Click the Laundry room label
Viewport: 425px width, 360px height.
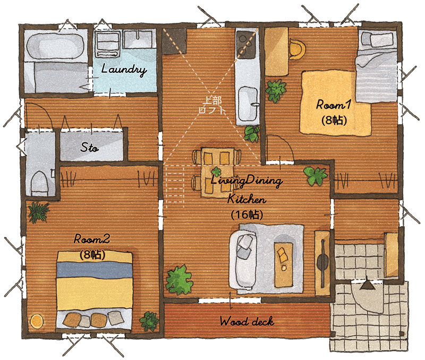pyautogui.click(x=124, y=70)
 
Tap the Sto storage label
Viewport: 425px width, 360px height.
pyautogui.click(x=89, y=148)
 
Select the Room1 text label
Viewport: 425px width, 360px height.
pyautogui.click(x=334, y=105)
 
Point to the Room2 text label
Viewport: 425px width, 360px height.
pyautogui.click(x=92, y=239)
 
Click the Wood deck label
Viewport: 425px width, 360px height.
pyautogui.click(x=247, y=322)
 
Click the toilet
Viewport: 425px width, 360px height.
pyautogui.click(x=39, y=183)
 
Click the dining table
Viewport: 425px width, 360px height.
pyautogui.click(x=218, y=173)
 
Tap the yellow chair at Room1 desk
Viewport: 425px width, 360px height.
pyautogui.click(x=297, y=49)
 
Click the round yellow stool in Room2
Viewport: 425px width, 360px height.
pyautogui.click(x=37, y=321)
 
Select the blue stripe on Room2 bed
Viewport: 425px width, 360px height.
pyautogui.click(x=95, y=270)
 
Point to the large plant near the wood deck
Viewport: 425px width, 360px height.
pyautogui.click(x=179, y=281)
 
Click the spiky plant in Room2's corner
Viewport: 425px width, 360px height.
pyautogui.click(x=39, y=212)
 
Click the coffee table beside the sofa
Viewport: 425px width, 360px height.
pyautogui.click(x=284, y=264)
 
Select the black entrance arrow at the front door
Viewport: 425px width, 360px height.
pyautogui.click(x=368, y=284)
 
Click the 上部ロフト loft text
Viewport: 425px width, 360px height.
pyautogui.click(x=212, y=105)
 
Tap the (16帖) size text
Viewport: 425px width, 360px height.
pyautogui.click(x=247, y=215)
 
